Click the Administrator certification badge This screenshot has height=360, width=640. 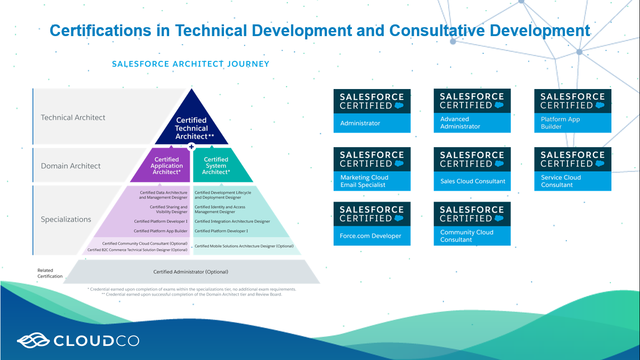click(x=372, y=111)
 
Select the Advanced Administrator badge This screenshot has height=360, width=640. click(x=472, y=111)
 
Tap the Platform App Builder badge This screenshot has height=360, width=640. click(x=573, y=111)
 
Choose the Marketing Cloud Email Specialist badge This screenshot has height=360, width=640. click(x=372, y=169)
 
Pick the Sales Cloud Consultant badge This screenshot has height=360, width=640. click(x=472, y=169)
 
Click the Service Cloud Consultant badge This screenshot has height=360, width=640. click(x=573, y=169)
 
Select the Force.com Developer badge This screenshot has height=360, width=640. click(x=372, y=224)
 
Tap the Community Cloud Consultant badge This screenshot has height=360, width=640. click(x=472, y=224)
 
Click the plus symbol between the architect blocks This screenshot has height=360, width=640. click(x=192, y=147)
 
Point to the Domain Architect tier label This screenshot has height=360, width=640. click(x=71, y=166)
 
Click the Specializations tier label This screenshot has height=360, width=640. click(x=66, y=219)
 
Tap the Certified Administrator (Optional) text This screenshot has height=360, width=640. click(x=191, y=272)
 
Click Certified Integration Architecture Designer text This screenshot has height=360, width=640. click(x=232, y=221)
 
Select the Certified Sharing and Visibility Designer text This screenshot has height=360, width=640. click(x=169, y=210)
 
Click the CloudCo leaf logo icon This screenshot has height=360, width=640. click(x=33, y=340)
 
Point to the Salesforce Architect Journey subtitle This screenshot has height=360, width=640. click(x=191, y=64)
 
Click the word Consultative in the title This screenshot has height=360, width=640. click(x=437, y=30)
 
